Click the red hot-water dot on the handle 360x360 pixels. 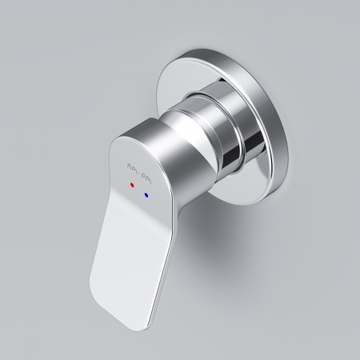coord(133,183)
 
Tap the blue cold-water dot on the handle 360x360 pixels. coord(146,194)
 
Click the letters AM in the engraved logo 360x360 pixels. coord(132,164)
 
